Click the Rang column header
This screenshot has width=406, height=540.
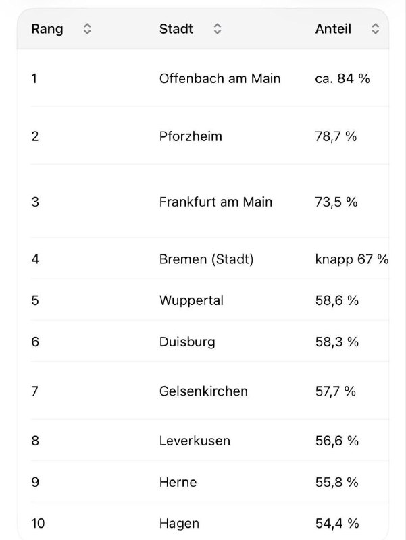(x=47, y=29)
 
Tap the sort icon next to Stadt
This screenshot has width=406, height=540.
(x=217, y=29)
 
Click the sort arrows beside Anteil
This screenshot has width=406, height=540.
(x=376, y=29)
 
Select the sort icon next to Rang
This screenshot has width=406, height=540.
(x=87, y=29)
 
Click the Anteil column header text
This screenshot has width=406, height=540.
(x=333, y=29)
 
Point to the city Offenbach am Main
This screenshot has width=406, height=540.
(x=220, y=78)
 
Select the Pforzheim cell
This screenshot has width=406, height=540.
(x=191, y=136)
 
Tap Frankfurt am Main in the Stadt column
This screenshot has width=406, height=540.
(x=215, y=202)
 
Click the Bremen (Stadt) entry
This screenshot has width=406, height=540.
(x=206, y=259)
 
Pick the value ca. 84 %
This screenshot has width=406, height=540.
(x=342, y=78)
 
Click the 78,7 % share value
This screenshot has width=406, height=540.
(x=336, y=137)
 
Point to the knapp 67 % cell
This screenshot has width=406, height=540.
(x=352, y=259)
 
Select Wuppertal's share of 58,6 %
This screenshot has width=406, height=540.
(x=336, y=300)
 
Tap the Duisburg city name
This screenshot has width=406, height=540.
(x=187, y=342)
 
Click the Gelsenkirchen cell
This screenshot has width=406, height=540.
(x=203, y=391)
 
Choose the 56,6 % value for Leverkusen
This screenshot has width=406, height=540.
(x=336, y=441)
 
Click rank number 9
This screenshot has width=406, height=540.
(x=35, y=482)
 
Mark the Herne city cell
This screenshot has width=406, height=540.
(x=178, y=482)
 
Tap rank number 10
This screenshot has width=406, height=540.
(x=38, y=524)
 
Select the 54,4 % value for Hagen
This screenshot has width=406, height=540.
(x=336, y=524)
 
